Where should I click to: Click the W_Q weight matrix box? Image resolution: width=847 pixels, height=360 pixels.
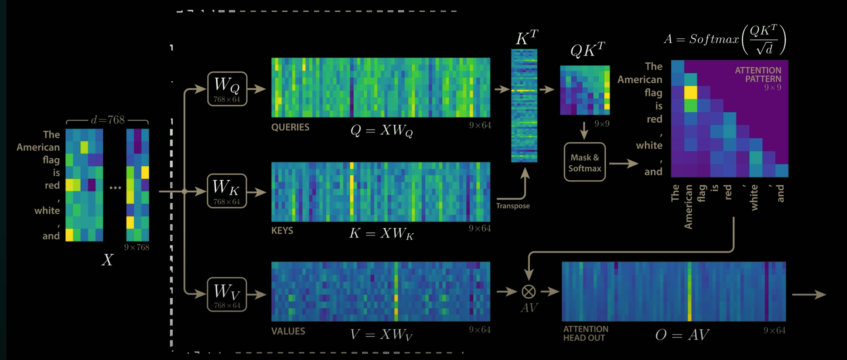[227, 89]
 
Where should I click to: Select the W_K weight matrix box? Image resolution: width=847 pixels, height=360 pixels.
[227, 191]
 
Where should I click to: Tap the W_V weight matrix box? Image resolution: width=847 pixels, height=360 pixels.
[227, 294]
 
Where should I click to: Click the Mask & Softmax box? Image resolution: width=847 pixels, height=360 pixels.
[585, 162]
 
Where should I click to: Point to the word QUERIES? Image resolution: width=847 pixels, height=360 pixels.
[290, 127]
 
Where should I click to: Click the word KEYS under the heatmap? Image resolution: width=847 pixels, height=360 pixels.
[282, 231]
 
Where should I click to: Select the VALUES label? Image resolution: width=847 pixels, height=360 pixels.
[288, 331]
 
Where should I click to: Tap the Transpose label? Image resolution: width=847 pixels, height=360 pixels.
[513, 206]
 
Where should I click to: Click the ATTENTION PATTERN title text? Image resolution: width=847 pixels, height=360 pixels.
[758, 75]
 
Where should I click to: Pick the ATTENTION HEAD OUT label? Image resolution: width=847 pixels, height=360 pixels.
[586, 333]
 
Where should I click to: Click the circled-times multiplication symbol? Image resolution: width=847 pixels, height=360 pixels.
[529, 291]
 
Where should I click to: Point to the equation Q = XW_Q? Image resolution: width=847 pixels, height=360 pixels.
[381, 131]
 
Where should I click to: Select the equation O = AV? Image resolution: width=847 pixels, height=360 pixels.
[682, 335]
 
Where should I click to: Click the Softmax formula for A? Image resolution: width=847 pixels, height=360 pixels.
[725, 40]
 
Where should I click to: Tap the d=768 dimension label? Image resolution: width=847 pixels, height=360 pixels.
[107, 120]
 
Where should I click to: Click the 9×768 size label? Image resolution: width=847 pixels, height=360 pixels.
[137, 247]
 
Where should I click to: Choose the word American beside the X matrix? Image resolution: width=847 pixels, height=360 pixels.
[38, 147]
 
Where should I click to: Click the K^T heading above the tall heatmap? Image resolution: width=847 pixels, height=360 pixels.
[527, 38]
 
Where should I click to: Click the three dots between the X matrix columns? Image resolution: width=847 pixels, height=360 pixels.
[115, 187]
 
